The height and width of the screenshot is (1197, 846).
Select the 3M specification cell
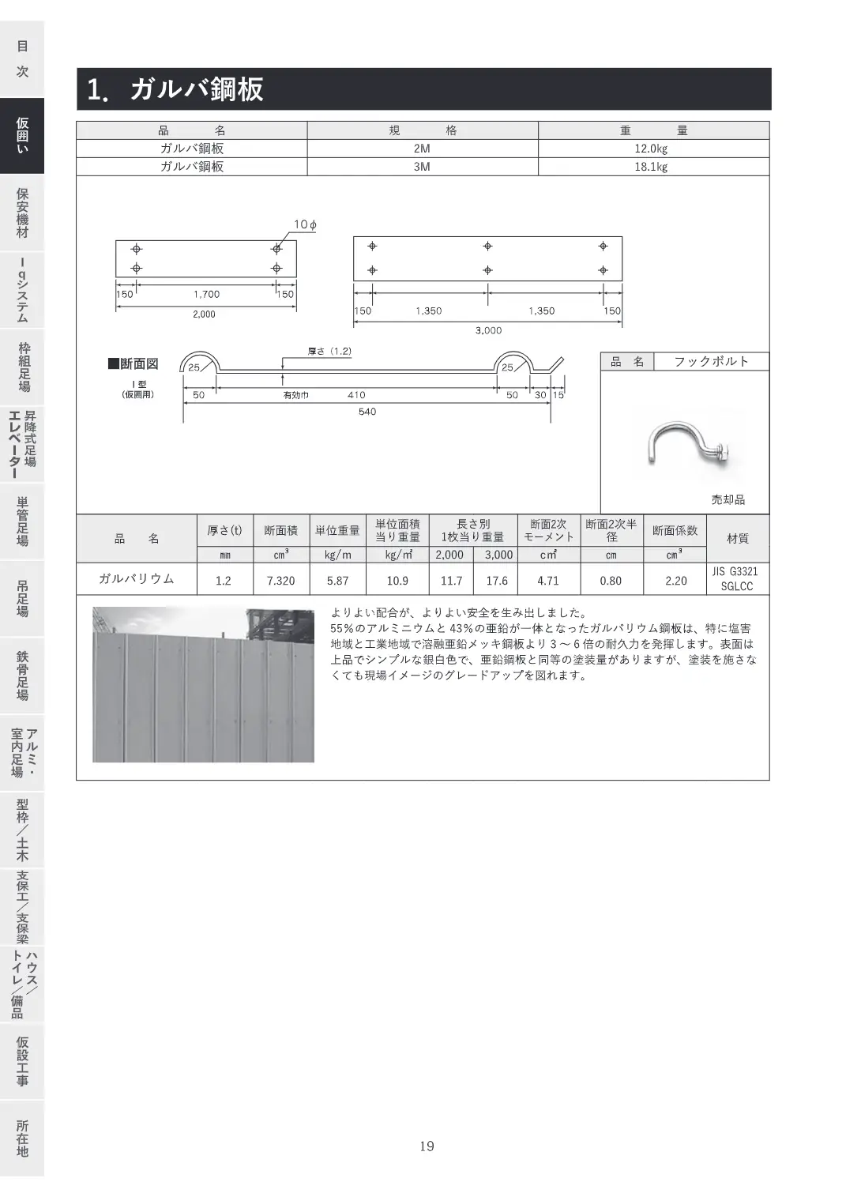(x=422, y=167)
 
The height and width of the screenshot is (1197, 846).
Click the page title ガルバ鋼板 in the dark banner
(x=197, y=89)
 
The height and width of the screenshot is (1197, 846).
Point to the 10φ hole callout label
(x=306, y=224)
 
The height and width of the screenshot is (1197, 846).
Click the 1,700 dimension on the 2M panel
(x=207, y=294)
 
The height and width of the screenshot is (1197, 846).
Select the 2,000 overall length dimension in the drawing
(x=204, y=314)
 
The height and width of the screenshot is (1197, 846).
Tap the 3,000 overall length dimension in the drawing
(x=489, y=330)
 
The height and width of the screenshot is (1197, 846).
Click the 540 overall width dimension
(x=367, y=412)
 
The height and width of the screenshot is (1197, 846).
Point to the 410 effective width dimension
(x=356, y=395)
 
